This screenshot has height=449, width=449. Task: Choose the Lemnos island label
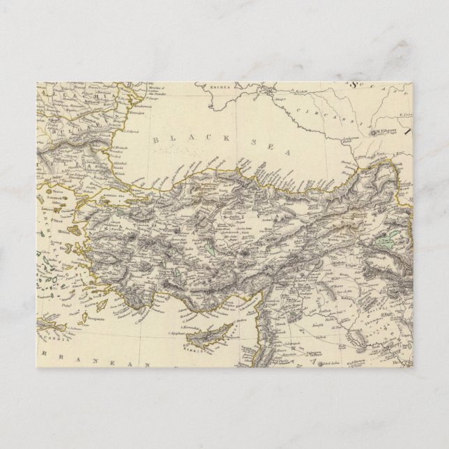(54, 207)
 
